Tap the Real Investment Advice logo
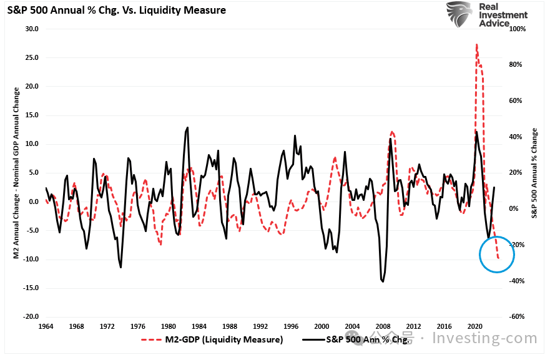click(x=486, y=15)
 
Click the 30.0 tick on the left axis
click(x=31, y=29)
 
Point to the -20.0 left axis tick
click(x=30, y=317)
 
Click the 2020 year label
click(x=474, y=326)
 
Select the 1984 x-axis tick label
click(x=199, y=326)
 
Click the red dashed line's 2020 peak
click(x=477, y=45)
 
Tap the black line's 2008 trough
click(x=382, y=281)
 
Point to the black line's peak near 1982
click(x=187, y=127)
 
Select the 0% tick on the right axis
click(x=518, y=208)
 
